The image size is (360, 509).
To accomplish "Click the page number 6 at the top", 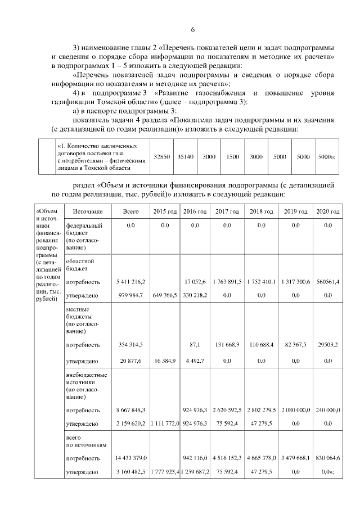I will point(192,29).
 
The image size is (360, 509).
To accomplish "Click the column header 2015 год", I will point(165,212).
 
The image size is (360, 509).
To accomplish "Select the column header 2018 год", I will point(261,212).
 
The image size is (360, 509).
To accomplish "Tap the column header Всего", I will point(130,212).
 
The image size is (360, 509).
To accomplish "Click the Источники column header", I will point(84,212).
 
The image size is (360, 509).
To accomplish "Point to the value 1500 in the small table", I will point(232,157).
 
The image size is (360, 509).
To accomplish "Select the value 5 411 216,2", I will point(130,281).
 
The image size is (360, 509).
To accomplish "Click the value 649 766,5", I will point(165,295).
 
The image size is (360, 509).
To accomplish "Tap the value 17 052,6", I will point(195,281).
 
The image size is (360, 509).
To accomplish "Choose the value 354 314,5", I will point(130,344).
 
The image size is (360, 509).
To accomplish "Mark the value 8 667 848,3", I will point(130,410).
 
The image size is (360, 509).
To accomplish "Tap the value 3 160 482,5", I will point(130,473).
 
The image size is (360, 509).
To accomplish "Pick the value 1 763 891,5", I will point(227,281).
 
